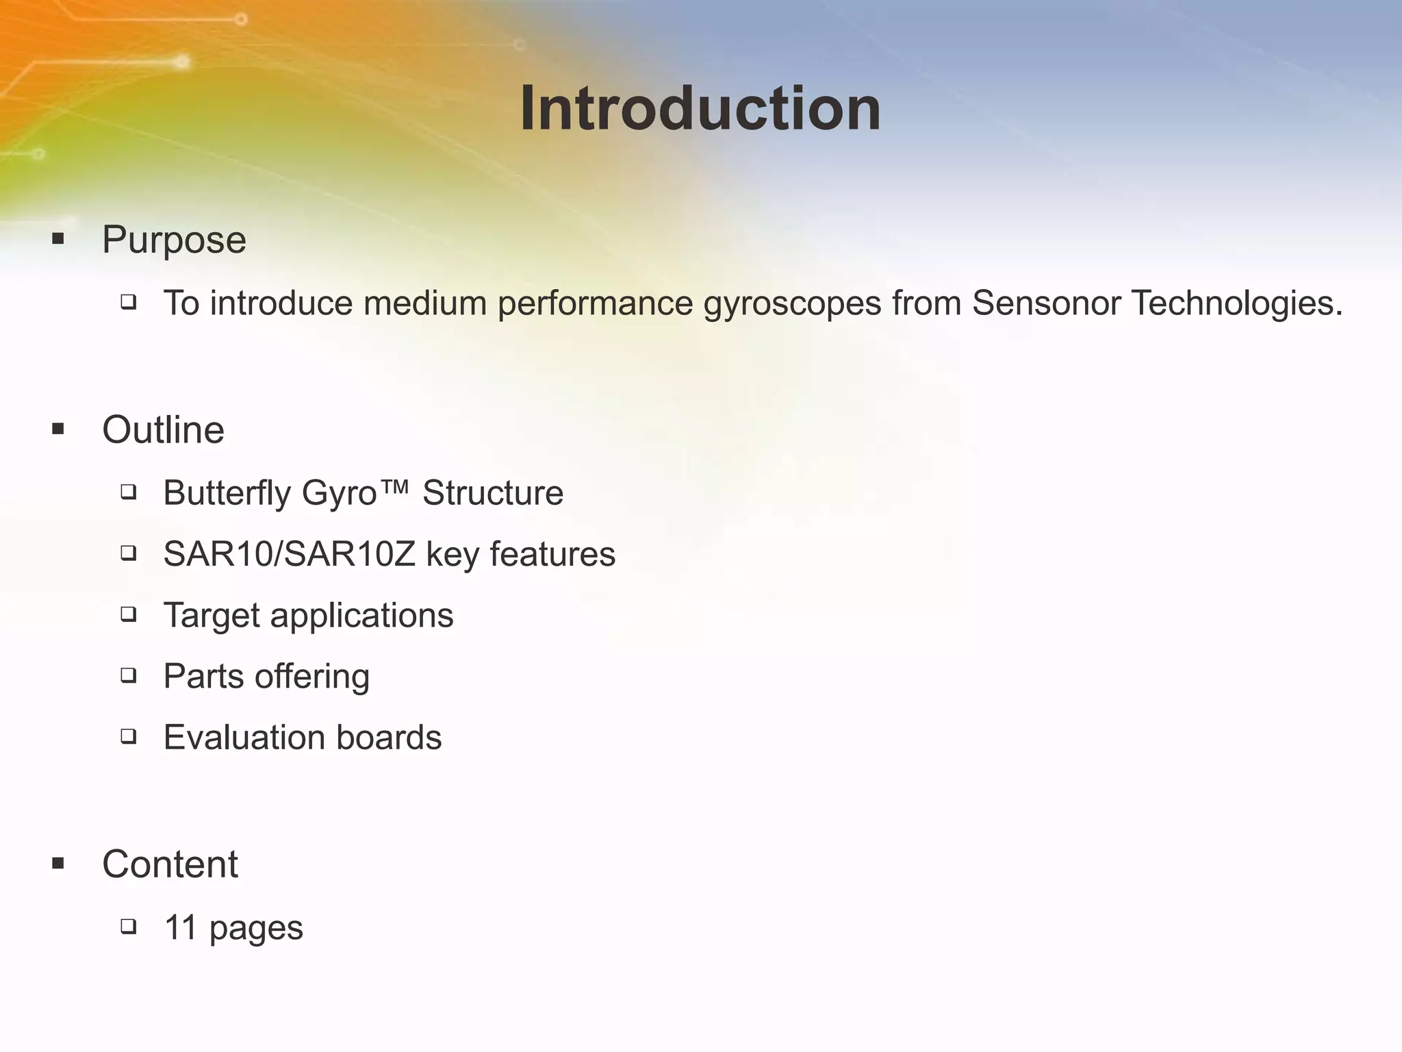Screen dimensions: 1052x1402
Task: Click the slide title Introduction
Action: (x=700, y=110)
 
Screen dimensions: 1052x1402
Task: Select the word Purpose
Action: (x=174, y=240)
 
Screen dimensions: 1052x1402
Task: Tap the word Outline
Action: (x=163, y=431)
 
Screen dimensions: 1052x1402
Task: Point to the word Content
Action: (x=170, y=864)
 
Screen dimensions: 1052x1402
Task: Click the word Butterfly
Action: (x=227, y=494)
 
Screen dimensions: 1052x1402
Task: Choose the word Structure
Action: (x=493, y=493)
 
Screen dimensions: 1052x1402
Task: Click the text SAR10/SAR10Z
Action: (x=289, y=555)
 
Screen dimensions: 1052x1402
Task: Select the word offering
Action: (x=312, y=677)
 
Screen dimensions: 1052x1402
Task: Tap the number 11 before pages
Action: (x=181, y=929)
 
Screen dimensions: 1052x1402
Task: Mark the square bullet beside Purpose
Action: (x=58, y=240)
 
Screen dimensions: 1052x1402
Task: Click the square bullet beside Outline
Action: (x=58, y=430)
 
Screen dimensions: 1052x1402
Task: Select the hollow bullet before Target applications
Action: (x=128, y=614)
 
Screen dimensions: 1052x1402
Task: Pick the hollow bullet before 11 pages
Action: (x=128, y=927)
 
